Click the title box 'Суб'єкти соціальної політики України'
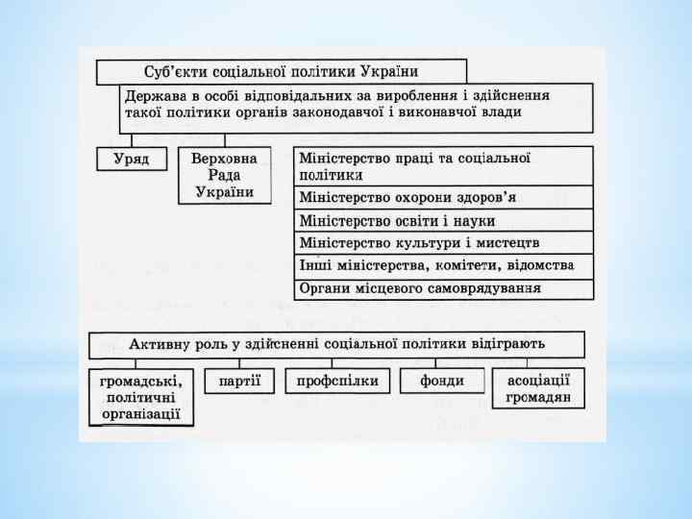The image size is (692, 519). pyautogui.click(x=281, y=72)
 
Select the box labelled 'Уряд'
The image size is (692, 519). pyautogui.click(x=132, y=158)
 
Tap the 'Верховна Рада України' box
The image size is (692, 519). pyautogui.click(x=224, y=174)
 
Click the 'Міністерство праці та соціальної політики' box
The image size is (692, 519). pyautogui.click(x=442, y=165)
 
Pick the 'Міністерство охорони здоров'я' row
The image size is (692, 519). pyautogui.click(x=442, y=197)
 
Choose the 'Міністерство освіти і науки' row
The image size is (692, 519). pyautogui.click(x=442, y=220)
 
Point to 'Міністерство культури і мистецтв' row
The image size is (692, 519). pyautogui.click(x=442, y=242)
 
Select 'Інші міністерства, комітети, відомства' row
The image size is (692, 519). pyautogui.click(x=442, y=264)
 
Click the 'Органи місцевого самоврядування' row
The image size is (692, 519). pyautogui.click(x=442, y=287)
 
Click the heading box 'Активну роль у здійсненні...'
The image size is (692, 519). pyautogui.click(x=336, y=344)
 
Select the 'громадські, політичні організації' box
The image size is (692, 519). pyautogui.click(x=142, y=397)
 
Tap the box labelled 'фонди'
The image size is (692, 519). pyautogui.click(x=442, y=382)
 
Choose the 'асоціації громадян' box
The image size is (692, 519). pyautogui.click(x=538, y=388)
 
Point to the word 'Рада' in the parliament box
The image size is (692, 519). pyautogui.click(x=224, y=174)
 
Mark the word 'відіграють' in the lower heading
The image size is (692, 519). pyautogui.click(x=507, y=344)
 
